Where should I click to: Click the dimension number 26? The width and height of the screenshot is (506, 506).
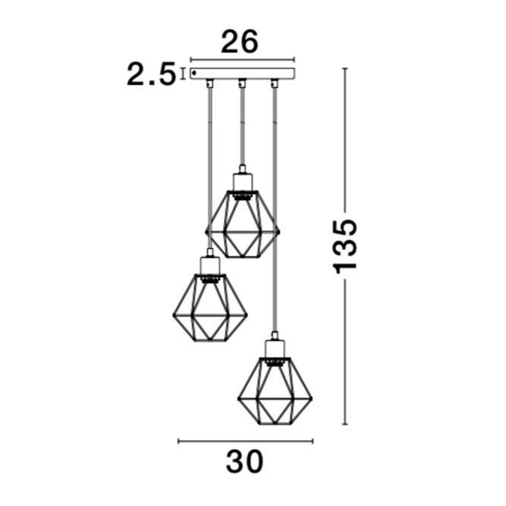240,42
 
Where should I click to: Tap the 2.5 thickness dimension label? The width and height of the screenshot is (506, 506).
151,74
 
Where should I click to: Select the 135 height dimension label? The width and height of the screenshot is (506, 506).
346,247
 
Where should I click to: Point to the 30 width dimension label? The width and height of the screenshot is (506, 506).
244,462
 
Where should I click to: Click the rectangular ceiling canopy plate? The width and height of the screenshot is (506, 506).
242,74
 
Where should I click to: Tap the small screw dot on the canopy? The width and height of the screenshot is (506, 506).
194,74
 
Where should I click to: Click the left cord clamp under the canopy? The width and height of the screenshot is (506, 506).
210,83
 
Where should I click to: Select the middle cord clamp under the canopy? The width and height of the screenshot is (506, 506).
242,83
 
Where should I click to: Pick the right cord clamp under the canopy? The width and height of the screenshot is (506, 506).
275,83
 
